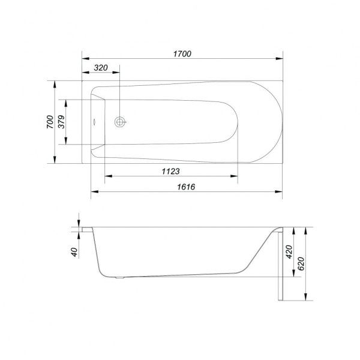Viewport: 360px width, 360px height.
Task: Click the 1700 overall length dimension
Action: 182,54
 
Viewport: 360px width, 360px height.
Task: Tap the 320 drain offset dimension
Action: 101,68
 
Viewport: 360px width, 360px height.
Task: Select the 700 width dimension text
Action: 50,122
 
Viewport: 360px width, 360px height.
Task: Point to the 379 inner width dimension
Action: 61,122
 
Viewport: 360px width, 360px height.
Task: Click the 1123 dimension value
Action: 170,171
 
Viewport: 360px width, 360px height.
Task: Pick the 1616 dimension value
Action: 186,187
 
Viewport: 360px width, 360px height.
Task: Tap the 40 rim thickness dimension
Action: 74,252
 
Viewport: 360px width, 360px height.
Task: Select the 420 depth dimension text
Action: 289,251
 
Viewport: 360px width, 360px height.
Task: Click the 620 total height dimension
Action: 301,263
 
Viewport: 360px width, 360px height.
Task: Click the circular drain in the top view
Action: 120,122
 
